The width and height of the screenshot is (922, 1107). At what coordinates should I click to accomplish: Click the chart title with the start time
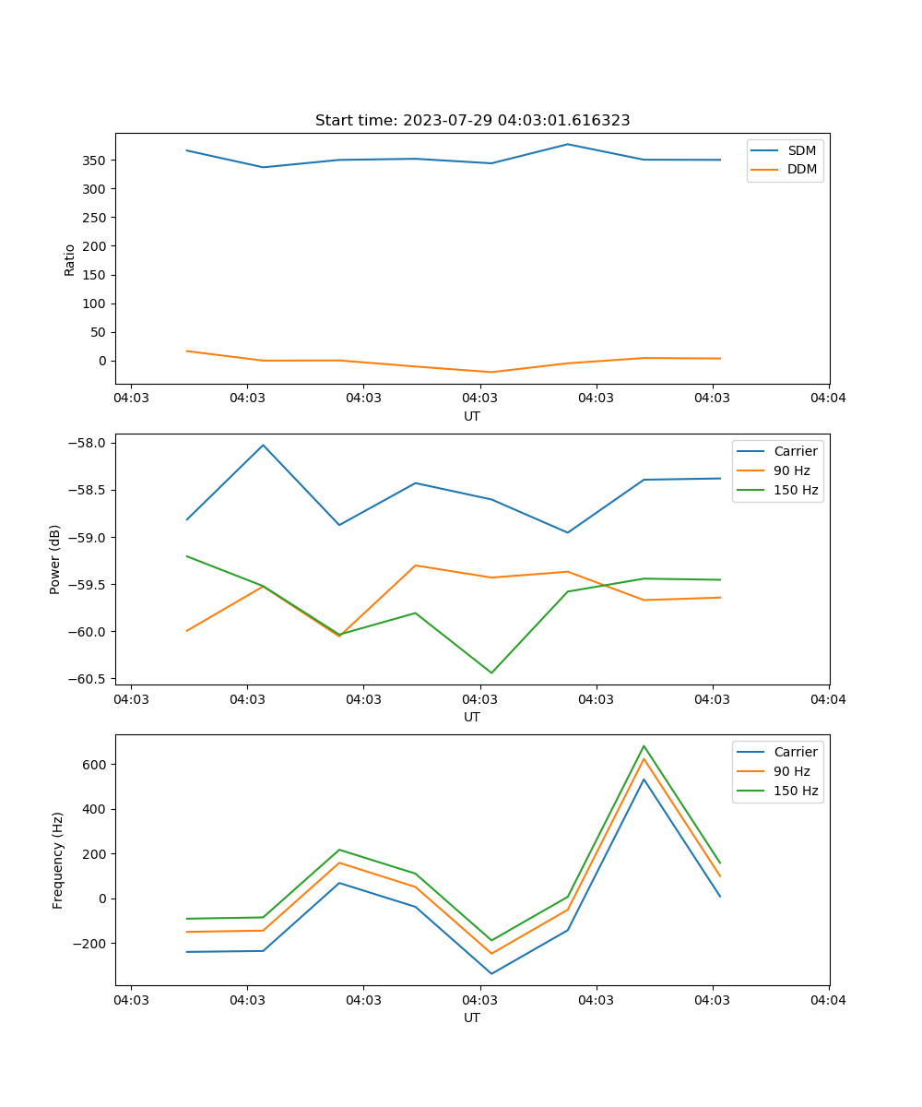[472, 121]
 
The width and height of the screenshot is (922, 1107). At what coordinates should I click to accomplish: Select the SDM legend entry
[801, 150]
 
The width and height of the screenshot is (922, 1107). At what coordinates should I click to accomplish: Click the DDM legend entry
[801, 169]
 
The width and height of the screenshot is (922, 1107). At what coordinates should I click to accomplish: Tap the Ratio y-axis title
[70, 259]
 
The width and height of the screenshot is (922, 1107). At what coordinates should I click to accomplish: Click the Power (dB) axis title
[55, 559]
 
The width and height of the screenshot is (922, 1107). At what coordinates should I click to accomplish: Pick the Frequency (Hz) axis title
[58, 860]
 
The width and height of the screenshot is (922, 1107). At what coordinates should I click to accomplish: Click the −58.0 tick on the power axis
[88, 443]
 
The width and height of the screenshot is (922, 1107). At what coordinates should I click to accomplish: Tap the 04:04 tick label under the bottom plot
[828, 1000]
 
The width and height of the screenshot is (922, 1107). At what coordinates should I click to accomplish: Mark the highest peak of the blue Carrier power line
[263, 445]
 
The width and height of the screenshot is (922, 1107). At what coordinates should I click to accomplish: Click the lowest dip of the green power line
[491, 673]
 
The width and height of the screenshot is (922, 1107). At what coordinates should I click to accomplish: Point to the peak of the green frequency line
[644, 746]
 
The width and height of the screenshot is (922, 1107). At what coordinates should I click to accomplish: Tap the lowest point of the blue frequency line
[491, 973]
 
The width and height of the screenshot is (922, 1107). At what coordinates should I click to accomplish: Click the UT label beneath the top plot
[472, 416]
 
